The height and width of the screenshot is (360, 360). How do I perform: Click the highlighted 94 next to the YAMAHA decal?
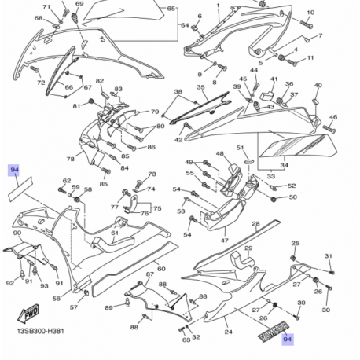287,340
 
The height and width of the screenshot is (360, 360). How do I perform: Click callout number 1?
218,5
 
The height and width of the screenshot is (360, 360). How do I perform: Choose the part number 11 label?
310,58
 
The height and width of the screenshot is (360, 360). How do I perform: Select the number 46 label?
333,117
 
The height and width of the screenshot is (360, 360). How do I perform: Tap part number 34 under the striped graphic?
284,166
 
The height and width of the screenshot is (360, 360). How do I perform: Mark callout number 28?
255,224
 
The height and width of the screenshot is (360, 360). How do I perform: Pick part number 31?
329,256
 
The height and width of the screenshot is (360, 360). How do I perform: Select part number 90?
17,233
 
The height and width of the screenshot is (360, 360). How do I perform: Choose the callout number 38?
178,93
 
